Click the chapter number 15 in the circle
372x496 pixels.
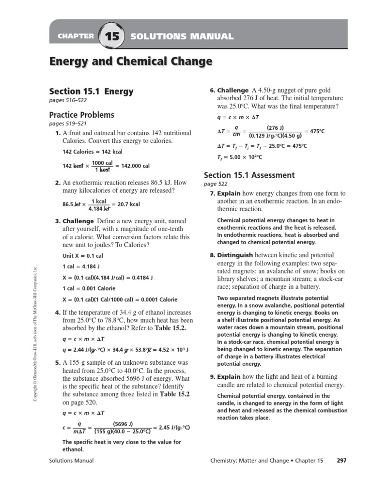(x=111, y=36)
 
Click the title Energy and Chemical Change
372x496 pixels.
(x=131, y=62)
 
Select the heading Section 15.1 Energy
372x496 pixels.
(x=92, y=91)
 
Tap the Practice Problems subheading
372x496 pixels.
(x=82, y=115)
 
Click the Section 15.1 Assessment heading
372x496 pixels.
(x=249, y=175)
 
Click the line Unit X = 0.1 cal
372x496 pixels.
(x=83, y=256)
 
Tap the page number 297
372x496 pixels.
(x=341, y=460)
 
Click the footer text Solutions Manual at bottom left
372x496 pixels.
(x=71, y=460)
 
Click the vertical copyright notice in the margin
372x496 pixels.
(x=35, y=334)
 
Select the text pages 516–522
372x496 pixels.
(x=68, y=101)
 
